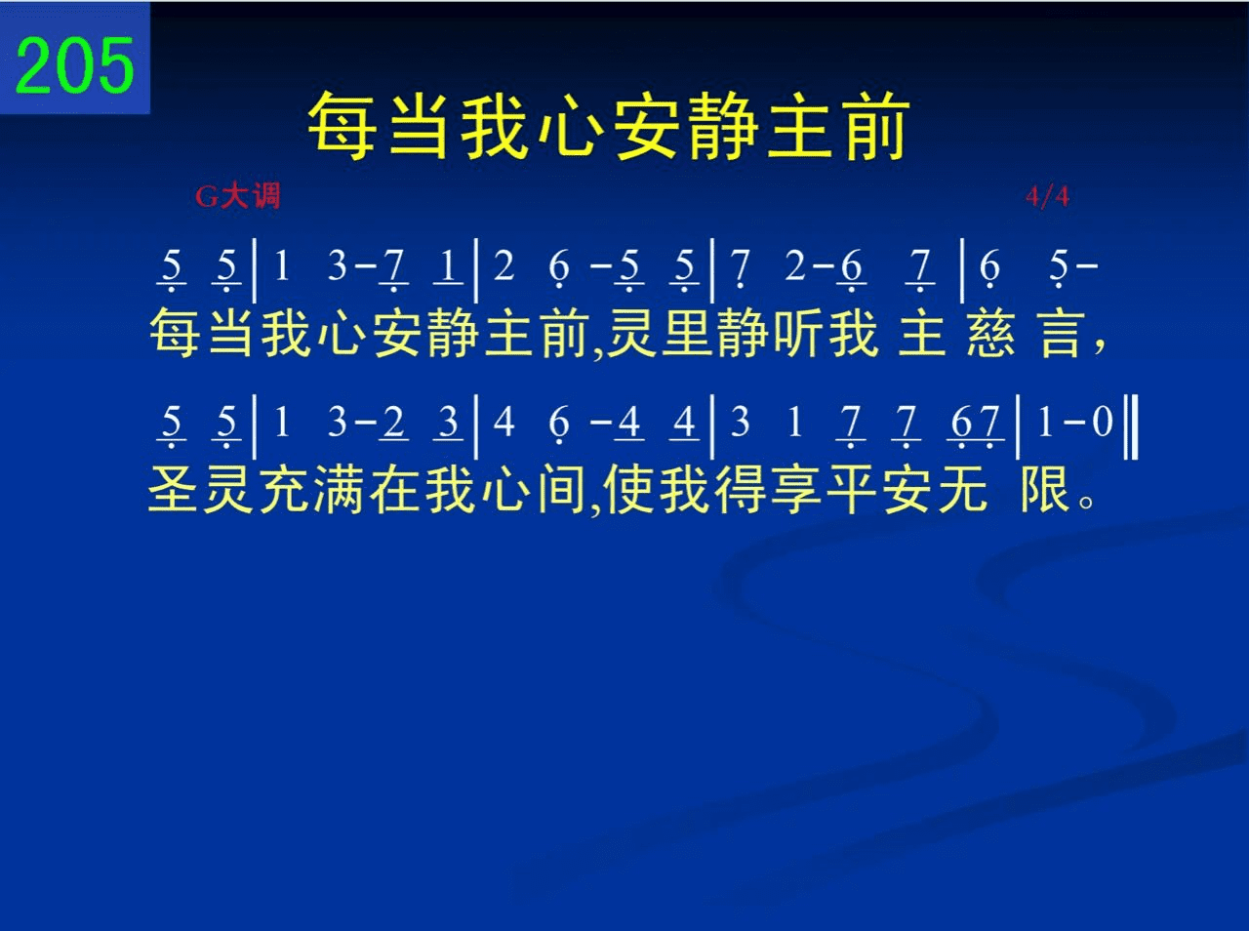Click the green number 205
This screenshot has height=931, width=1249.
pyautogui.click(x=74, y=65)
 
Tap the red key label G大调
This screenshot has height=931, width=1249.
pyautogui.click(x=238, y=196)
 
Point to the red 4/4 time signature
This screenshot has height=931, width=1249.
pyautogui.click(x=1048, y=197)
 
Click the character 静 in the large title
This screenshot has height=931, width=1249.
pyautogui.click(x=723, y=126)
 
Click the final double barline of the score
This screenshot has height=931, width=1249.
pyautogui.click(x=1131, y=426)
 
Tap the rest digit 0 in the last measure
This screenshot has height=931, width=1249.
pyautogui.click(x=1103, y=423)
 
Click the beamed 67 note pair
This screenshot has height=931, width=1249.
pyautogui.click(x=975, y=425)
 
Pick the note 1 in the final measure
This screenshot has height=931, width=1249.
pyautogui.click(x=1045, y=423)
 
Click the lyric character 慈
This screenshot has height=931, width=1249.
pyautogui.click(x=990, y=333)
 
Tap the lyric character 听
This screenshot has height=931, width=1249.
pyautogui.click(x=796, y=333)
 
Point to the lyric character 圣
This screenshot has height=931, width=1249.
pyautogui.click(x=173, y=489)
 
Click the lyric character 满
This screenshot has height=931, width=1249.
pyautogui.click(x=338, y=489)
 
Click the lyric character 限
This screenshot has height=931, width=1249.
pyautogui.click(x=1044, y=489)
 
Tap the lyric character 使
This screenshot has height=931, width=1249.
pyautogui.click(x=627, y=489)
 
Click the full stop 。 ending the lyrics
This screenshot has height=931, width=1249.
pyautogui.click(x=1086, y=502)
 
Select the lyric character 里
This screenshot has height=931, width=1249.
pyautogui.click(x=687, y=333)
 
